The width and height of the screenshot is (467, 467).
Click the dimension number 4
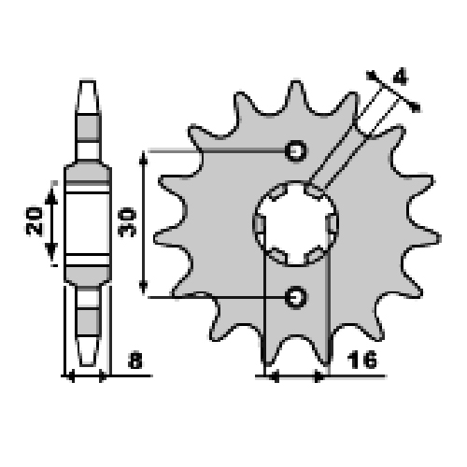coord(400,77)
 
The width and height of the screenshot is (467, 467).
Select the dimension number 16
coord(361,360)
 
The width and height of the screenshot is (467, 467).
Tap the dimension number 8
coord(135,361)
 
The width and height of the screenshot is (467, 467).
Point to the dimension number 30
coord(127,223)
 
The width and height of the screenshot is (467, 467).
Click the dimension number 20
coord(34,220)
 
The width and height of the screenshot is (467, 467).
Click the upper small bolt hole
coord(296,150)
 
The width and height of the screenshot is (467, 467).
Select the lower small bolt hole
coord(296,297)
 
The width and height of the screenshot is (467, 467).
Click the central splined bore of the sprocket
coord(296,223)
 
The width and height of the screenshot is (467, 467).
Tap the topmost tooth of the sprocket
coord(296,93)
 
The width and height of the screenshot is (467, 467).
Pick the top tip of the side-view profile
coord(88,81)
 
